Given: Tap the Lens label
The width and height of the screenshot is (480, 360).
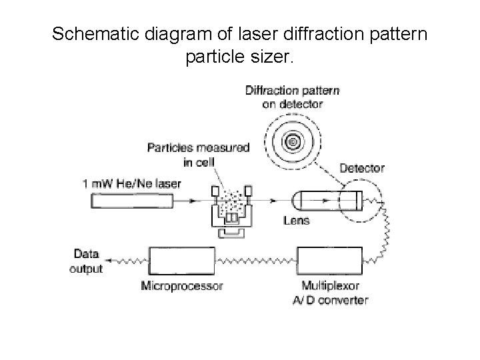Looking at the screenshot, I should tap(296, 220).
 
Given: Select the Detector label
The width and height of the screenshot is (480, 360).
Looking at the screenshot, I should tap(362, 168).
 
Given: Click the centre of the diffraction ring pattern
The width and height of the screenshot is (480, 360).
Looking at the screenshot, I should tap(292, 141).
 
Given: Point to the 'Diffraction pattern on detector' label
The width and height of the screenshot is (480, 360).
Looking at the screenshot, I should tap(292, 97).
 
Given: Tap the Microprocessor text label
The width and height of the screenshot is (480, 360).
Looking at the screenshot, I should tap(182, 285).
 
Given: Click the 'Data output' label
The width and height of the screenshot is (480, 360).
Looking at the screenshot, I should tap(87, 261).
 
